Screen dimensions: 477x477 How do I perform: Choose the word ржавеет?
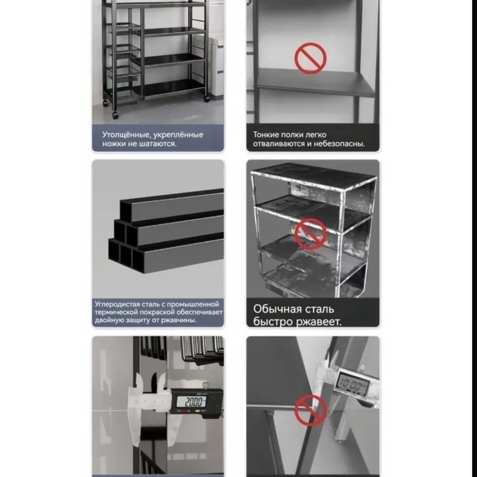(319, 321)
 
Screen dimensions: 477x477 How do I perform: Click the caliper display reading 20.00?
(193, 402)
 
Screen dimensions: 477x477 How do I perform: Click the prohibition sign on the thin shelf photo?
(310, 58)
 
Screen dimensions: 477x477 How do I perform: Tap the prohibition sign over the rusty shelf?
(310, 234)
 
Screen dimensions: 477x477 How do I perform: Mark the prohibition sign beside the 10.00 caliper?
(310, 410)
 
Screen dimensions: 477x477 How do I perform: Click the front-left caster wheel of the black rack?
(116, 115)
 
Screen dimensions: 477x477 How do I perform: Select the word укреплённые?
(178, 135)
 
